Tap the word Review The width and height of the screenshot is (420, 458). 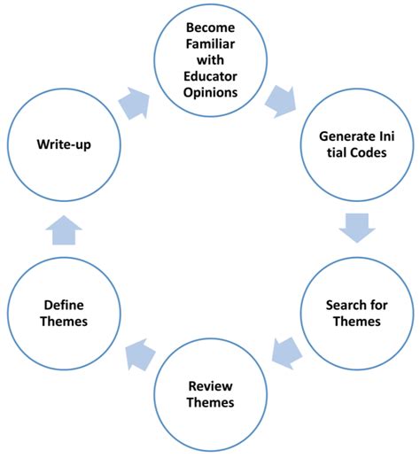[211, 386]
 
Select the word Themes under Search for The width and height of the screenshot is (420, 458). [357, 322]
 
